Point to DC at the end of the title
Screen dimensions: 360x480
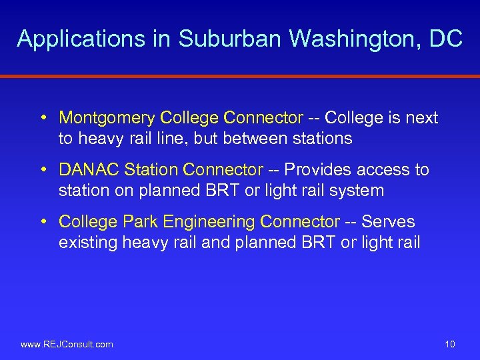pos(446,39)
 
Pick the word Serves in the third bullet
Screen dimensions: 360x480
pos(388,222)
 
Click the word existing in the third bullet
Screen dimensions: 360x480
pos(88,242)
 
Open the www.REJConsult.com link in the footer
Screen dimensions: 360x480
pos(67,344)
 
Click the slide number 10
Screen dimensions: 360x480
pos(449,344)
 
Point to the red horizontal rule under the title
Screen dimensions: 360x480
pos(240,76)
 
